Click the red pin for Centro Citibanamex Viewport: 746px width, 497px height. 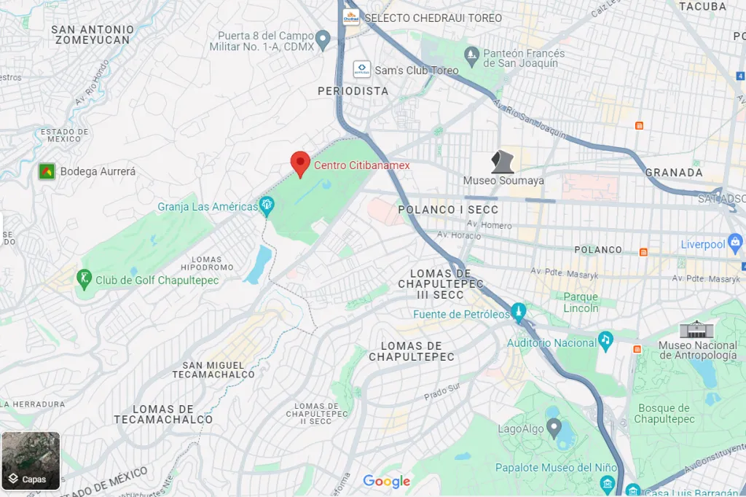[x=300, y=164]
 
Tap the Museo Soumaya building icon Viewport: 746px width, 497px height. [x=503, y=162]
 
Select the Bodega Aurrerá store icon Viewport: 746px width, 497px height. [x=47, y=171]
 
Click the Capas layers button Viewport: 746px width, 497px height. [x=31, y=461]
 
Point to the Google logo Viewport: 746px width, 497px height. [x=387, y=481]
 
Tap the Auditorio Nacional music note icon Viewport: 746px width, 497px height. [x=605, y=340]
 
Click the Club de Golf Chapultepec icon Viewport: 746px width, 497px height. [x=85, y=279]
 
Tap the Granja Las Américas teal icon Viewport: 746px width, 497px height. [x=267, y=206]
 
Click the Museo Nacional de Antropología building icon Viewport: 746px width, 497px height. [x=697, y=329]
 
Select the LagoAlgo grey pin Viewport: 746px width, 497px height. [x=554, y=427]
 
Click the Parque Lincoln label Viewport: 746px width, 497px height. [x=581, y=302]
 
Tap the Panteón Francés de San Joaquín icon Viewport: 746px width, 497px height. [x=472, y=53]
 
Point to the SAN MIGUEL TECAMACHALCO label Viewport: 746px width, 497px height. [x=213, y=369]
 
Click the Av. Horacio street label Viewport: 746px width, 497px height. [x=459, y=235]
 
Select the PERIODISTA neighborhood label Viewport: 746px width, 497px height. [x=353, y=91]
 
